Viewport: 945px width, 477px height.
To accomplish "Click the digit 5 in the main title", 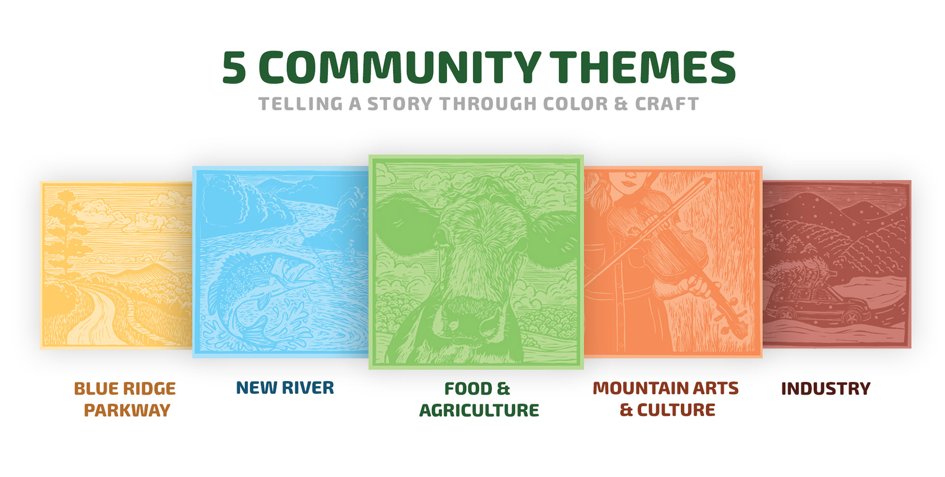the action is point(234,67).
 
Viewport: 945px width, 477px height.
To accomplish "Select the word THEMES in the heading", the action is point(642,67).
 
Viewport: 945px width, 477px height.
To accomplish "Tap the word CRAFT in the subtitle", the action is point(667,104).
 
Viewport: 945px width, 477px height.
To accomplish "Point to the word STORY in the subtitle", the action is point(400,104).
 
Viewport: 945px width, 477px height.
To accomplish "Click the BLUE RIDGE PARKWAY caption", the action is point(125,399).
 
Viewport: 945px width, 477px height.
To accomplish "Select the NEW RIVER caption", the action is point(285,388).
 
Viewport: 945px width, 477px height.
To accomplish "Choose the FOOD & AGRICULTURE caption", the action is point(479,399).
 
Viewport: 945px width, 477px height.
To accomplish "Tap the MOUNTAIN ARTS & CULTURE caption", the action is point(665,399).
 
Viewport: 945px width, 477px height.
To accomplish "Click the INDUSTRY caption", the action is point(825,388).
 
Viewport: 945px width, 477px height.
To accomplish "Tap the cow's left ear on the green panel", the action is point(406,224).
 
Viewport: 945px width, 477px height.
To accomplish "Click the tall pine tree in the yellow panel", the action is point(65,231).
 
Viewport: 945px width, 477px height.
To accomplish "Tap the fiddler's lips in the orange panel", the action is point(630,184).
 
